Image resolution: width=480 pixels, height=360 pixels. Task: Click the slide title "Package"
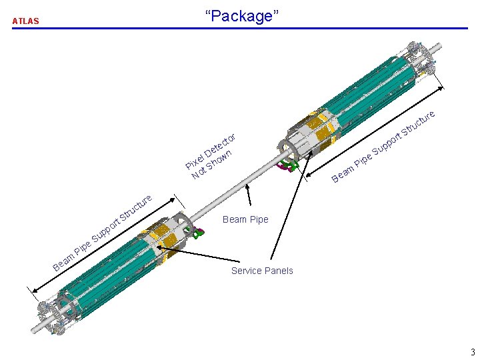pos(240,16)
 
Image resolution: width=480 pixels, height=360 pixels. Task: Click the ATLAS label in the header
pos(26,21)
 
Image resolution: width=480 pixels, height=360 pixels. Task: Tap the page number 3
pos(471,353)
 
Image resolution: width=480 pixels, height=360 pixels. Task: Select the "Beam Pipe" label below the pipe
pos(245,219)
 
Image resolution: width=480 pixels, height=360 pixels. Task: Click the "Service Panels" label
pos(262,271)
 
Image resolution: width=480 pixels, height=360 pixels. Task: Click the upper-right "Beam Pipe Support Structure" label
pos(384,147)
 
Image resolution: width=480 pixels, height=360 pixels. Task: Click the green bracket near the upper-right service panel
pos(288,164)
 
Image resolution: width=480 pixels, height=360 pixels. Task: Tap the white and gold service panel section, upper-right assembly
pos(311,134)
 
